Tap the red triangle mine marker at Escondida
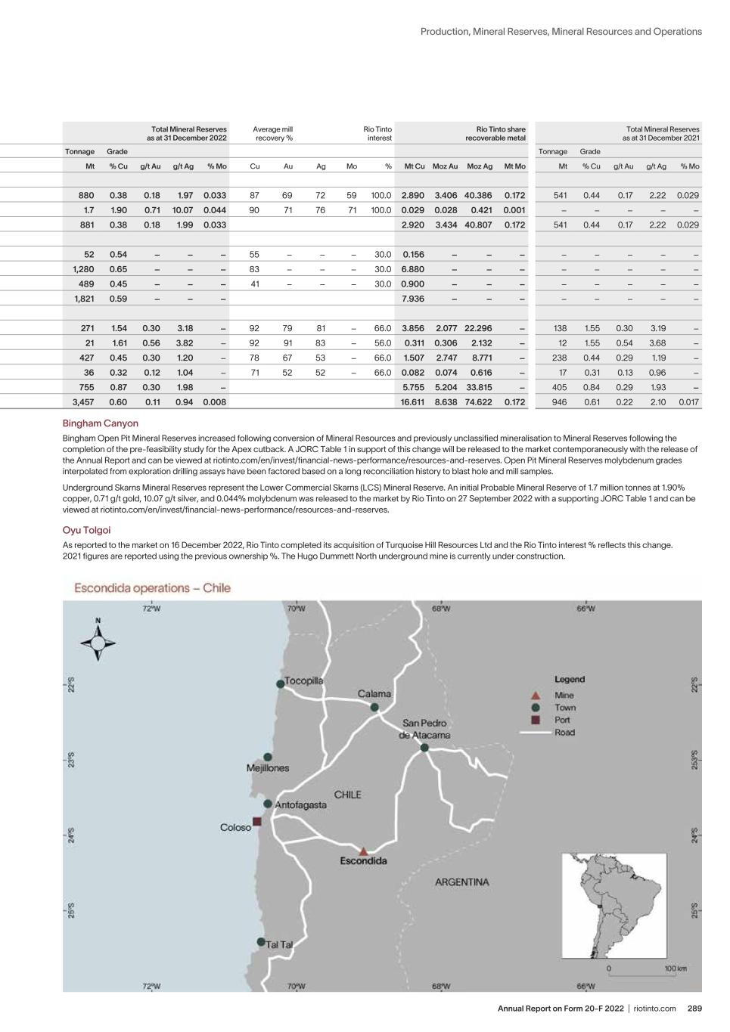pyautogui.click(x=364, y=851)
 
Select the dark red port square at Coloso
pyautogui.click(x=257, y=821)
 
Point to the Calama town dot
pyautogui.click(x=374, y=707)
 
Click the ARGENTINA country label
pyautogui.click(x=461, y=882)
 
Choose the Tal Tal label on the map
pyautogui.click(x=278, y=944)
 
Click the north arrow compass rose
pyautogui.click(x=98, y=643)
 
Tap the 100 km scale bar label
pyautogui.click(x=676, y=968)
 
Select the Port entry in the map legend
pyautogui.click(x=562, y=720)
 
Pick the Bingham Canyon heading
pyautogui.click(x=101, y=423)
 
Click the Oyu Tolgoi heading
pyautogui.click(x=86, y=530)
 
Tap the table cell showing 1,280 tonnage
pyautogui.click(x=83, y=269)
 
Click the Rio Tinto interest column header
pyautogui.click(x=377, y=134)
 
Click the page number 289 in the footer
pyautogui.click(x=694, y=1009)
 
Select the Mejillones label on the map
pyautogui.click(x=268, y=768)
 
